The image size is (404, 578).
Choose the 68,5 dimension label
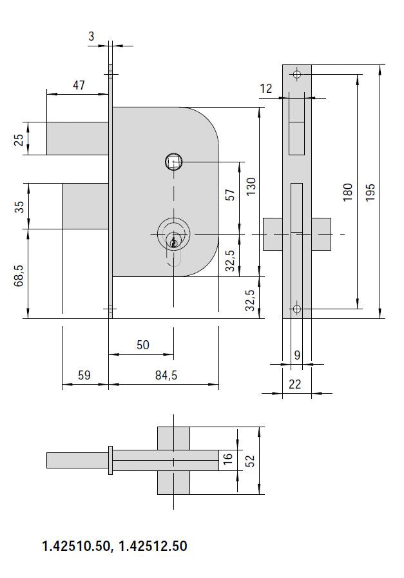19,273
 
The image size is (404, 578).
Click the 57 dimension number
230,196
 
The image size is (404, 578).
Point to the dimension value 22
295,384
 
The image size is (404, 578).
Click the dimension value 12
266,89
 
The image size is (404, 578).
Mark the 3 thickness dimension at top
91,37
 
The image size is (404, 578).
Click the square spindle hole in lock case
173,162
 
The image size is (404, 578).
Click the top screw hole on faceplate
296,74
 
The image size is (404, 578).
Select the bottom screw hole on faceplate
296,309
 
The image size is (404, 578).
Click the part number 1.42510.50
74,546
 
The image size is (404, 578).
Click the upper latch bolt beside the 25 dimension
77,139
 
